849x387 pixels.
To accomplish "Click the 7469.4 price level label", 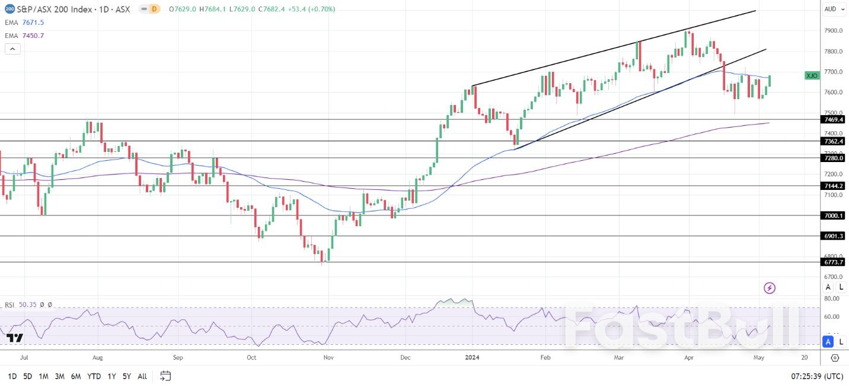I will tap(834, 119).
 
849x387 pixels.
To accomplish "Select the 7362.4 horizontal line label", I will tap(834, 141).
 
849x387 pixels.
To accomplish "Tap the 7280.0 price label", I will tap(834, 158).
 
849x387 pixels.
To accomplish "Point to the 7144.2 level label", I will tap(834, 186).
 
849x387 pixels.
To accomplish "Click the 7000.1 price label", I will tap(834, 215).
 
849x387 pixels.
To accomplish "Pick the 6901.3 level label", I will tap(834, 236).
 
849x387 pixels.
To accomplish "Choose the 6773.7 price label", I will tap(834, 262).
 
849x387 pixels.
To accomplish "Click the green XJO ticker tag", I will tap(812, 75).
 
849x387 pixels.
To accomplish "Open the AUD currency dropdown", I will tap(834, 9).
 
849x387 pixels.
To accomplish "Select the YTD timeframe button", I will tap(94, 376).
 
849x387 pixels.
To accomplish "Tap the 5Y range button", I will tap(127, 376).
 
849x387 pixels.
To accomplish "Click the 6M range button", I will tap(76, 376).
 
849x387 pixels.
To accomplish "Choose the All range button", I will tap(142, 376).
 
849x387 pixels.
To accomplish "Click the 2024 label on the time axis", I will tap(472, 358).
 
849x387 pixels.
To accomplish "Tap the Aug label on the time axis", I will tap(98, 358).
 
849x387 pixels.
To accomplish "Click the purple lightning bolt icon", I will tap(770, 288).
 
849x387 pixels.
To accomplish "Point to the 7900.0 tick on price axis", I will tap(834, 31).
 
